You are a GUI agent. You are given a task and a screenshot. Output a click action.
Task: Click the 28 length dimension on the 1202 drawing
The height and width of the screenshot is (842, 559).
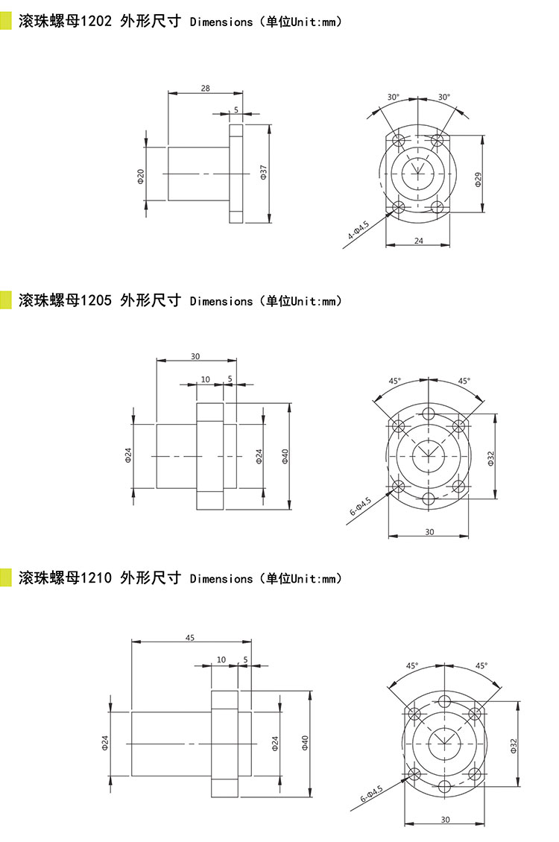pyautogui.click(x=205, y=88)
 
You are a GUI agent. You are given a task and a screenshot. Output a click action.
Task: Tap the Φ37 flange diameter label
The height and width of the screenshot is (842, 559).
pyautogui.click(x=263, y=172)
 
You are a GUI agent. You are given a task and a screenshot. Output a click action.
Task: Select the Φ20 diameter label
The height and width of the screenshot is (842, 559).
pyautogui.click(x=141, y=176)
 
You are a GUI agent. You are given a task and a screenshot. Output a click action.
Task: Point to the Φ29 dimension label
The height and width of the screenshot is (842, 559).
pyautogui.click(x=478, y=180)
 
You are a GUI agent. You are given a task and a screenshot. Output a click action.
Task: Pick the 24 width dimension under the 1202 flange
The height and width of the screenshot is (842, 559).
pyautogui.click(x=418, y=241)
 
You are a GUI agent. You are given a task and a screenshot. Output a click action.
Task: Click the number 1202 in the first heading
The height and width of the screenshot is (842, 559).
pyautogui.click(x=96, y=21)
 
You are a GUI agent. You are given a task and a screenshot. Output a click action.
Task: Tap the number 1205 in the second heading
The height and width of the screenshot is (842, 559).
pyautogui.click(x=96, y=300)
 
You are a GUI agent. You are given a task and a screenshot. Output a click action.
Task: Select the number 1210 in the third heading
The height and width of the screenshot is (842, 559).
pyautogui.click(x=96, y=577)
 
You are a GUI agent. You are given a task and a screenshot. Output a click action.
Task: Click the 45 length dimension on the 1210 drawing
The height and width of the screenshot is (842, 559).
pyautogui.click(x=189, y=637)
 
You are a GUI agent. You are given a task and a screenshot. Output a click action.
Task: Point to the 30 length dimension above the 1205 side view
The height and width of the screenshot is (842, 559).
pyautogui.click(x=195, y=356)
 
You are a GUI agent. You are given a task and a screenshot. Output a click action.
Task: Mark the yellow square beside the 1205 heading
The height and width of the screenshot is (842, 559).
pyautogui.click(x=5, y=300)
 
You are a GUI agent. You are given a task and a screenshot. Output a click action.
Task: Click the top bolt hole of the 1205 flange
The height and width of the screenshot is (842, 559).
pyautogui.click(x=429, y=414)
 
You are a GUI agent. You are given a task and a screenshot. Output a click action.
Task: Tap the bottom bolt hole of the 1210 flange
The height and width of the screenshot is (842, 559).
pyautogui.click(x=444, y=787)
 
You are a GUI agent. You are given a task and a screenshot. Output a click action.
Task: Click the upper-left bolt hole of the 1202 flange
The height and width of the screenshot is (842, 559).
pyautogui.click(x=399, y=141)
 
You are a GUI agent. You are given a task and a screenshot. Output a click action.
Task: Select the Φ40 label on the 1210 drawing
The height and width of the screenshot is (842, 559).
pyautogui.click(x=305, y=743)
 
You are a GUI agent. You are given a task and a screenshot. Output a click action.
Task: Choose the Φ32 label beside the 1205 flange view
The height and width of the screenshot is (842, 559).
pyautogui.click(x=491, y=458)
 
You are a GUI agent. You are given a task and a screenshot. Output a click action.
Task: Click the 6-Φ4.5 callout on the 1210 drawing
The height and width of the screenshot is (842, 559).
pyautogui.click(x=371, y=794)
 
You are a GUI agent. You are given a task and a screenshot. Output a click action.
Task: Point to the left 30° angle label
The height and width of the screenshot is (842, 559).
pyautogui.click(x=394, y=97)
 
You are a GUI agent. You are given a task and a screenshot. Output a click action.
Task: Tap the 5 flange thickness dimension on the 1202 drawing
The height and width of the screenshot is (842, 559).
pyautogui.click(x=236, y=110)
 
